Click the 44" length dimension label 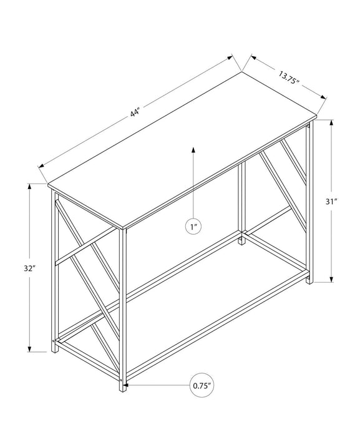pos(134,112)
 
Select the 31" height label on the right pos(331,202)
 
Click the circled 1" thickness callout pos(194,227)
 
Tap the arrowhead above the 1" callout pos(194,150)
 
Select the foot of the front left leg pos(54,350)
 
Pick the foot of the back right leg pos(308,282)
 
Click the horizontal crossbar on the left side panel pos(87,248)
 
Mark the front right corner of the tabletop pos(124,227)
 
